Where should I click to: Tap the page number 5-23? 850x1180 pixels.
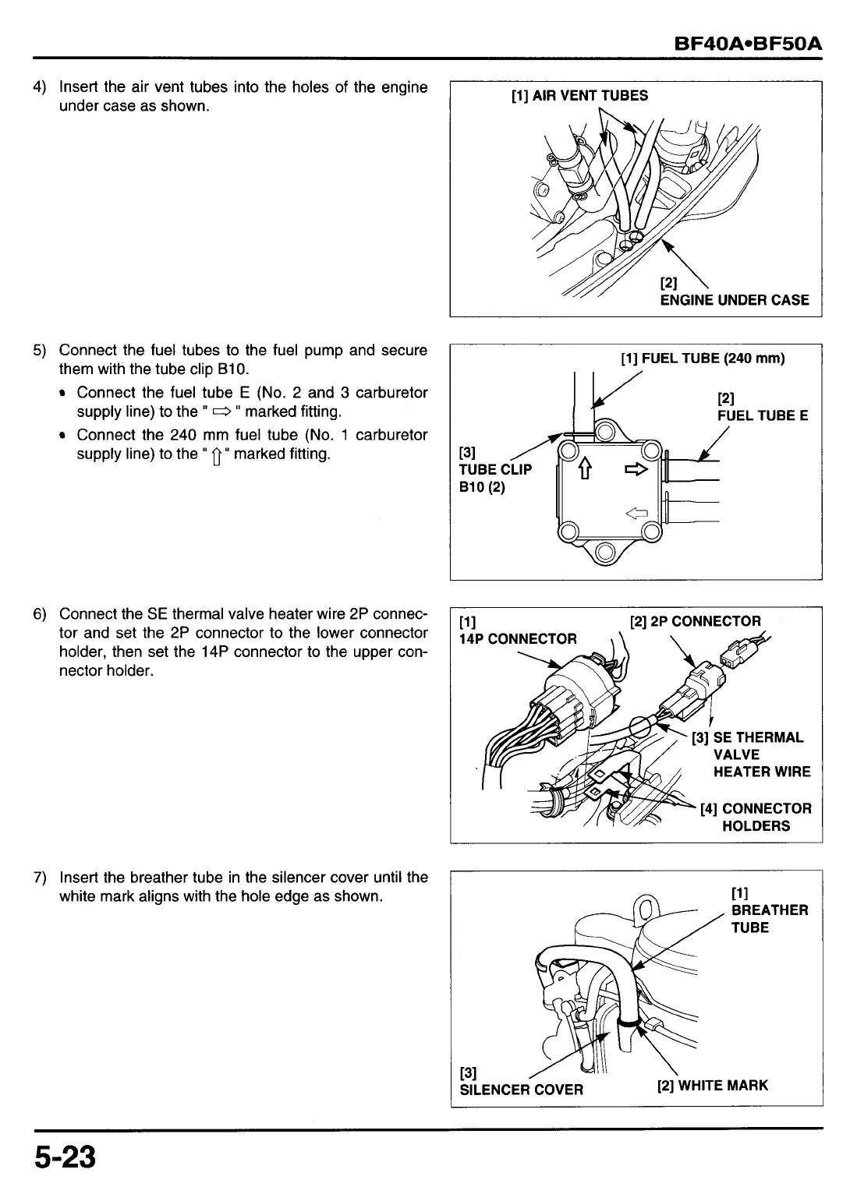pyautogui.click(x=64, y=1157)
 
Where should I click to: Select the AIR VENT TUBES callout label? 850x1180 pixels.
pyautogui.click(x=579, y=96)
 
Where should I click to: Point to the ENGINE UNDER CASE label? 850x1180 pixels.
pyautogui.click(x=734, y=300)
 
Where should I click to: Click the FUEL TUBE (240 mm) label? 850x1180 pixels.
pyautogui.click(x=703, y=359)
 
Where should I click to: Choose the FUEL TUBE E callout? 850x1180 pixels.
pyautogui.click(x=762, y=415)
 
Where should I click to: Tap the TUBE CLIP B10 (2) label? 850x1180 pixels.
pyautogui.click(x=494, y=469)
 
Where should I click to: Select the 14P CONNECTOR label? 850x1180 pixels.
pyautogui.click(x=518, y=639)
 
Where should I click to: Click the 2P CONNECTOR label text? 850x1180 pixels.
pyautogui.click(x=695, y=621)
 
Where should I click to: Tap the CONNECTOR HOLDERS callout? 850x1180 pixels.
pyautogui.click(x=756, y=817)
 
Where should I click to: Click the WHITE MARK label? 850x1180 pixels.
pyautogui.click(x=713, y=1085)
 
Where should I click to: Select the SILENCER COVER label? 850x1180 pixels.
pyautogui.click(x=521, y=1089)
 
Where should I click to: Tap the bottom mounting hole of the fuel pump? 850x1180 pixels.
pyautogui.click(x=604, y=554)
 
